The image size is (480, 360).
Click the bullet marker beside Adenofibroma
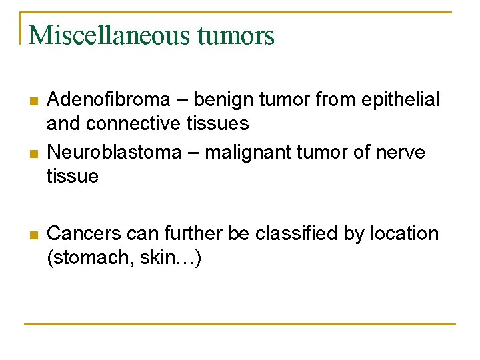33,101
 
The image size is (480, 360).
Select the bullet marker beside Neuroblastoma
33,153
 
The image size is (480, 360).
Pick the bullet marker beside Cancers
33,235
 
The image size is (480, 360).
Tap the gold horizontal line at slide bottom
240,324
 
